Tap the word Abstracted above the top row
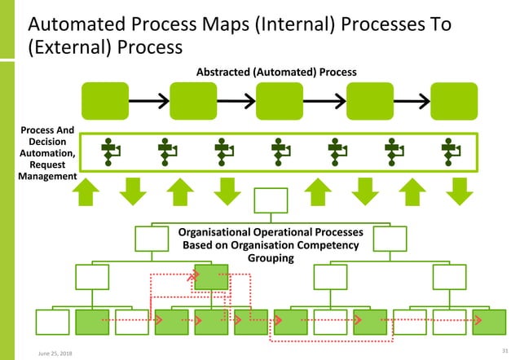[227, 72]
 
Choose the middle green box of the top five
[280, 100]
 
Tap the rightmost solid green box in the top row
[454, 100]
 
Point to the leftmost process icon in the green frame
[110, 152]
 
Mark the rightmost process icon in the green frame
[450, 152]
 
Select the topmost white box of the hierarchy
[271, 202]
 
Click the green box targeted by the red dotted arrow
[211, 278]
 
